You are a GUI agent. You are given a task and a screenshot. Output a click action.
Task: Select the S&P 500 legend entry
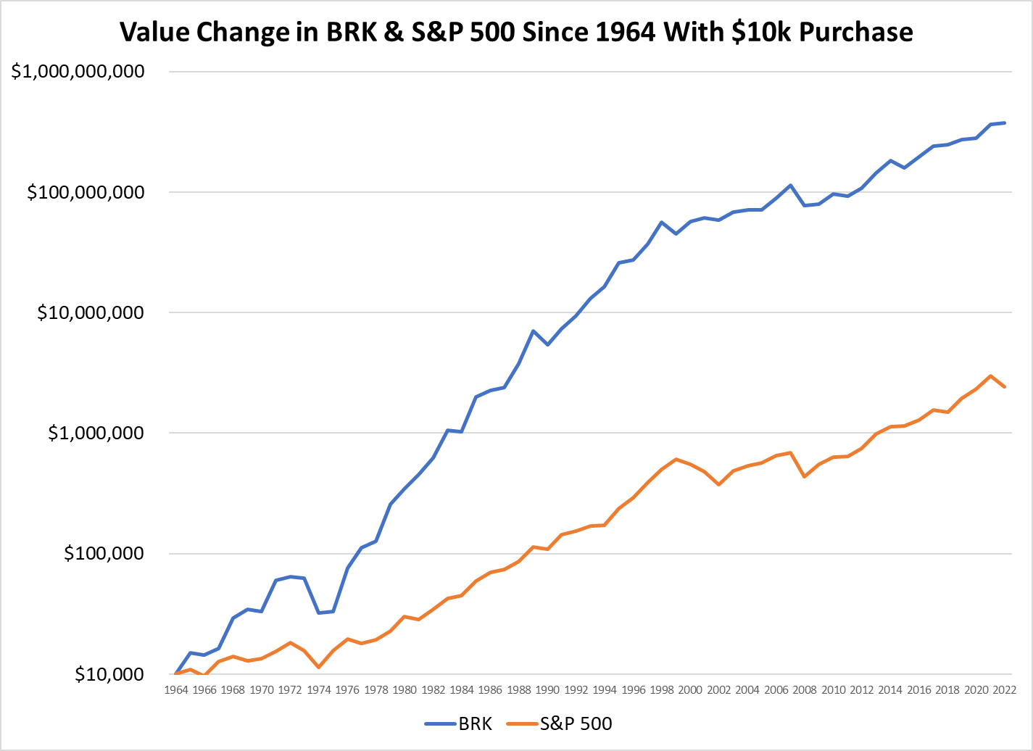point(576,723)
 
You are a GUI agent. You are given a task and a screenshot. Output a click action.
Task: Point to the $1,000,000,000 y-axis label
point(84,72)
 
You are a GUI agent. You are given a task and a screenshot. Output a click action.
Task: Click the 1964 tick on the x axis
point(176,690)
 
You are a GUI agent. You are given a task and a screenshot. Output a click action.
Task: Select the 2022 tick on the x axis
point(1005,690)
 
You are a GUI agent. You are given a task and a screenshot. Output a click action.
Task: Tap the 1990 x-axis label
point(547,690)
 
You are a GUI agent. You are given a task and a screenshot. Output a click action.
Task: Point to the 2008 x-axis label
point(805,690)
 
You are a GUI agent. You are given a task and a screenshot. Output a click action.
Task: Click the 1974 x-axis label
point(319,690)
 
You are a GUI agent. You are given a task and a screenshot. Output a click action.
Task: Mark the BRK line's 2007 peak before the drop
point(790,185)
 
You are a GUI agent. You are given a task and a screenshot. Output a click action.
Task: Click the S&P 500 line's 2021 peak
point(990,376)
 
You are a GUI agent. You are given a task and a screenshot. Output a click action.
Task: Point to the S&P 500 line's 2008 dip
point(805,476)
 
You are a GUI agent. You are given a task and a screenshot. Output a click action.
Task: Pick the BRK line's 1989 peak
point(534,331)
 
